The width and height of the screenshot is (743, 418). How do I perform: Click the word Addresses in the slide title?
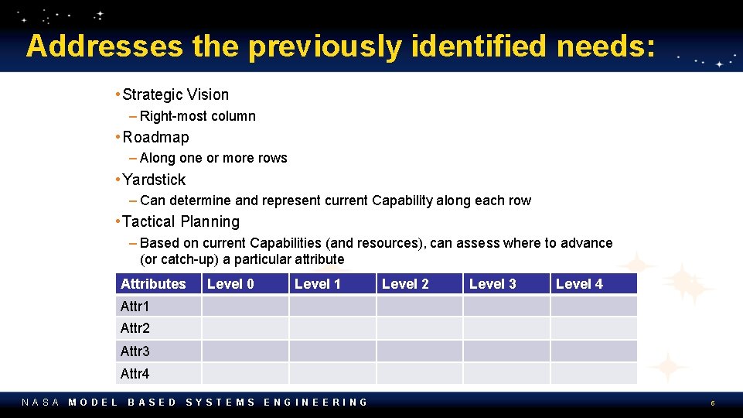104,46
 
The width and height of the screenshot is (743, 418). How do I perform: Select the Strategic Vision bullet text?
176,95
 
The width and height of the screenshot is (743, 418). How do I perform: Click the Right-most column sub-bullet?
197,116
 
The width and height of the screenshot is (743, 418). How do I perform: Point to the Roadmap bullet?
155,137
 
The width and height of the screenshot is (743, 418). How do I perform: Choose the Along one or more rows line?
213,158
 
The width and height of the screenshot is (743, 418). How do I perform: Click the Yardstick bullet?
154,180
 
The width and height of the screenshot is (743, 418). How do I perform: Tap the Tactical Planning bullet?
181,221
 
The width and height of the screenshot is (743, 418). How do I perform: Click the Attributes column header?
153,284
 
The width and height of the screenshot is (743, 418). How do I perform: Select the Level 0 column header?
230,284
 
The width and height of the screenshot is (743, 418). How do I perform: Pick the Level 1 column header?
318,284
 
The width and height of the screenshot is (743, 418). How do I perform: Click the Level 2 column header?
405,284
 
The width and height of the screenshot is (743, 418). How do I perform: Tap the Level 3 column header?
492,284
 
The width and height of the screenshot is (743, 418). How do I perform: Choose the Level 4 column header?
579,284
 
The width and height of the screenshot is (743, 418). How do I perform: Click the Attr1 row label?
135,307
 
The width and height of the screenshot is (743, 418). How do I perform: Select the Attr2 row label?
135,329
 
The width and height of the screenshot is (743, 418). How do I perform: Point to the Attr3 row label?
135,351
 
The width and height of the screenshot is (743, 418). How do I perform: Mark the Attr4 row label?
135,374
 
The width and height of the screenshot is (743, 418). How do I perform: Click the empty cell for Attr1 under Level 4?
594,307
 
